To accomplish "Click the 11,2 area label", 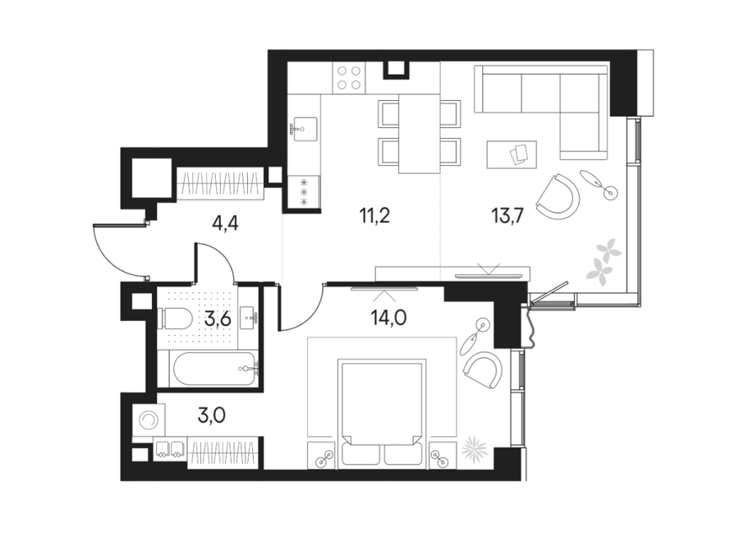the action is tap(374, 216).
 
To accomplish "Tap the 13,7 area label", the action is tap(508, 216).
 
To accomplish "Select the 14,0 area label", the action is tap(389, 319).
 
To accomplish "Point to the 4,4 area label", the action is tap(225, 222).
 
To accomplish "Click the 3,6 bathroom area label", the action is tap(218, 320).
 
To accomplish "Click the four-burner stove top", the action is tap(348, 78).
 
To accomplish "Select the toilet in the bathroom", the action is tap(177, 319).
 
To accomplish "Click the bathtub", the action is tap(214, 369).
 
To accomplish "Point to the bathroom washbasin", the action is tap(247, 319).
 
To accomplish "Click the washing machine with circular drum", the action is tap(149, 420).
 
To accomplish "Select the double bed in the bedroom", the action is tap(382, 415).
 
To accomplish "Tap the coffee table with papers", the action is tap(512, 154).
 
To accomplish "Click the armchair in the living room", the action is tap(558, 197).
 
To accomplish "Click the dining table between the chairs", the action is tap(420, 134).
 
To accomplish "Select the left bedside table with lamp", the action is tap(323, 456).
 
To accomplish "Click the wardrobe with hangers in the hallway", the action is tap(220, 183).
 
